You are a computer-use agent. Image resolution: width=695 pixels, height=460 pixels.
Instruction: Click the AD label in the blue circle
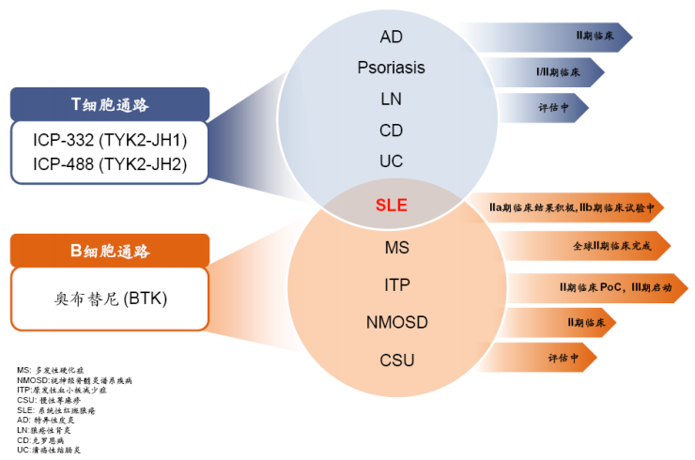[391, 37]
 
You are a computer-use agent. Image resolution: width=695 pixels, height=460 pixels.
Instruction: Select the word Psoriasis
[391, 68]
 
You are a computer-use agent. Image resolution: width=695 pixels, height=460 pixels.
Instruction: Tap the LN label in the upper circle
[391, 99]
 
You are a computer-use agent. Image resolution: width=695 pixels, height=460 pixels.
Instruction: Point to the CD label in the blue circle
[391, 130]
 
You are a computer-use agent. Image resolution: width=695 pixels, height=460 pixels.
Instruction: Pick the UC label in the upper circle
[391, 161]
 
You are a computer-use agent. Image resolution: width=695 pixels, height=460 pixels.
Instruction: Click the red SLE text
[391, 204]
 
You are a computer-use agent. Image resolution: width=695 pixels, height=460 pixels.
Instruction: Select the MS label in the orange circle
[397, 248]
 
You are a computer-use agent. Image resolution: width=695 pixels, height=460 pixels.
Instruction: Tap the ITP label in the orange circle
[397, 284]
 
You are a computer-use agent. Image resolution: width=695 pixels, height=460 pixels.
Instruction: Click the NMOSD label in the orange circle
[397, 322]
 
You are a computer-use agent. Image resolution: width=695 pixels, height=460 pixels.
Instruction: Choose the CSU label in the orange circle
[397, 360]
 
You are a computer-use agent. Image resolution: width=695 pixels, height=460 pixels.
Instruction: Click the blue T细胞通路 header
[110, 104]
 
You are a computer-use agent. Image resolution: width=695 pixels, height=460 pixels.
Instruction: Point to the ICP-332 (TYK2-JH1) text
[110, 141]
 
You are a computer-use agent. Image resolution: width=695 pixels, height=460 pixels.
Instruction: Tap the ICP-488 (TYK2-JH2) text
[110, 164]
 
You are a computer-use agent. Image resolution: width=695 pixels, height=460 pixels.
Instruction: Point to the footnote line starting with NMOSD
[74, 381]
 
